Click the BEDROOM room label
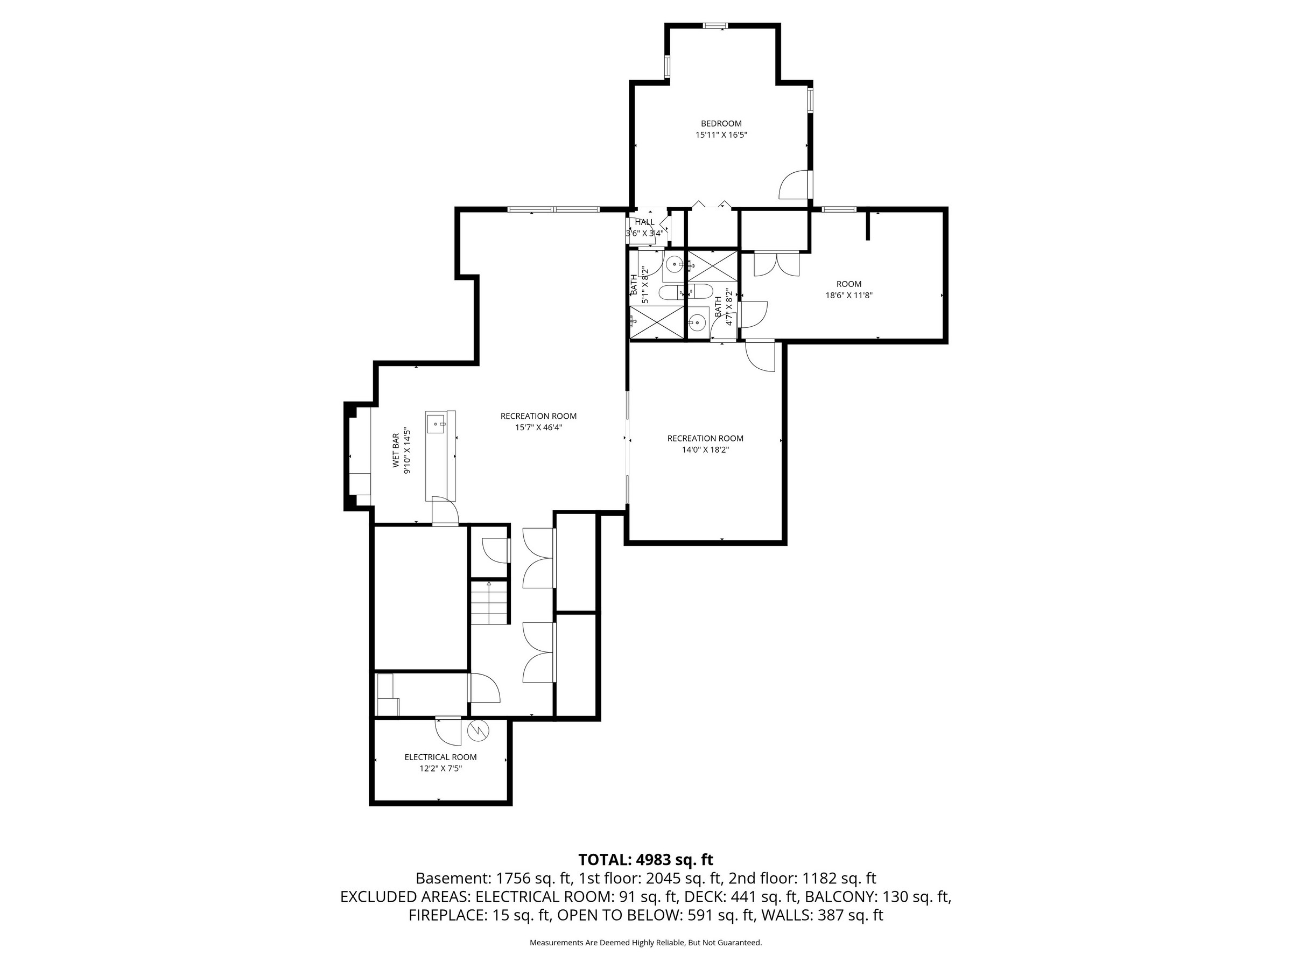721,123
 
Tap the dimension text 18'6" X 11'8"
848,296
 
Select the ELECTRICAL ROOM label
440,757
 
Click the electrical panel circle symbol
478,731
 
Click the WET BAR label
396,450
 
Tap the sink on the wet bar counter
436,424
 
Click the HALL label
644,222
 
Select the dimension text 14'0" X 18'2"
705,450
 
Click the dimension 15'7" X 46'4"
538,427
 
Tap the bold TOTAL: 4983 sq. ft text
645,860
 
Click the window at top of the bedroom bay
715,26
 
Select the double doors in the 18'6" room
776,263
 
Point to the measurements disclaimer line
645,943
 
